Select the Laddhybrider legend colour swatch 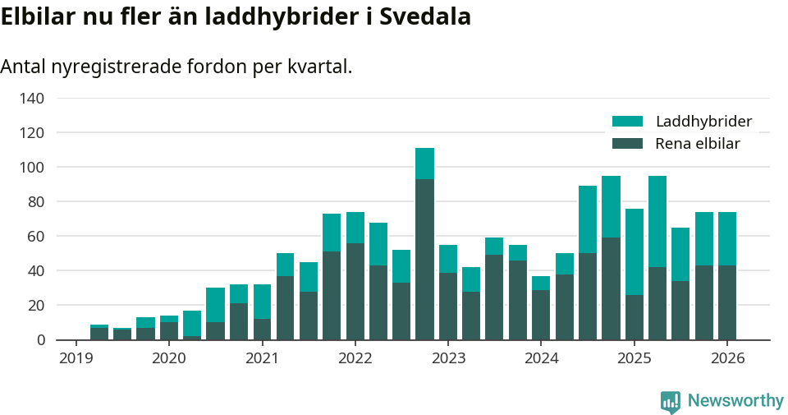click(x=628, y=122)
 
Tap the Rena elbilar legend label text click(x=698, y=144)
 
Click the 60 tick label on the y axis click(x=35, y=237)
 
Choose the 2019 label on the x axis click(x=76, y=359)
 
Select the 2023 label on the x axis click(x=448, y=359)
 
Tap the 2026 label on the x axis click(x=727, y=359)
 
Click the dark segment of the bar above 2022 click(x=355, y=291)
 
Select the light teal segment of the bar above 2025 click(x=634, y=251)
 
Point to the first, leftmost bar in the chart click(x=99, y=333)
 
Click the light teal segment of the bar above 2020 click(x=169, y=319)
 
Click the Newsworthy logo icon click(x=670, y=401)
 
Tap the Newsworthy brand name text click(x=735, y=401)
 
